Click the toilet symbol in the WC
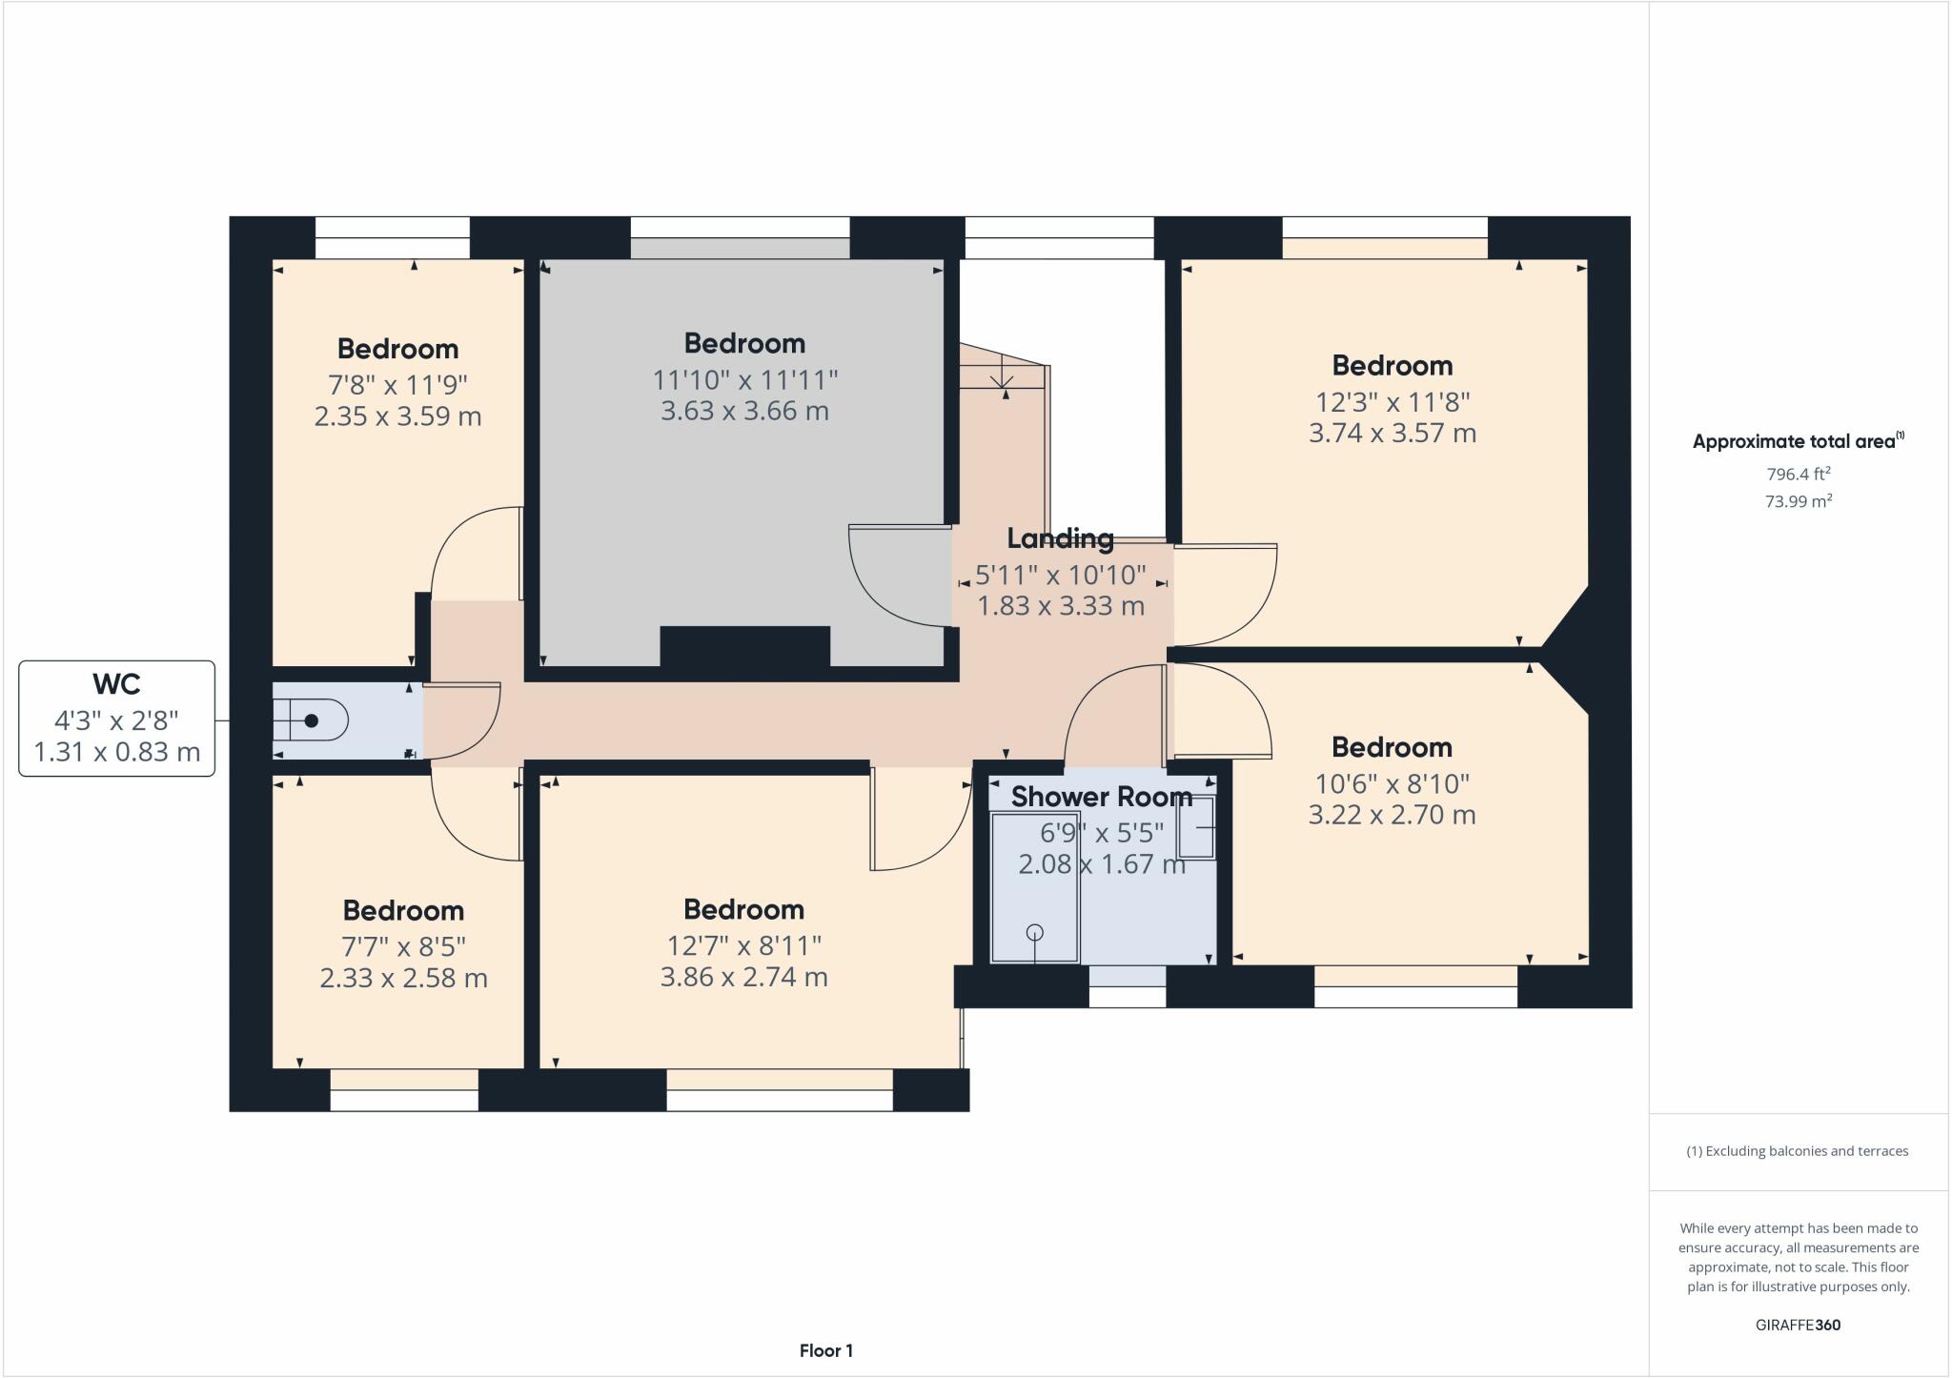(311, 720)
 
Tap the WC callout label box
(116, 719)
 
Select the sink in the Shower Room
(1197, 827)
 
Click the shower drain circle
(1035, 932)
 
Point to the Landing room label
(1060, 539)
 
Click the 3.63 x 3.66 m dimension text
(744, 412)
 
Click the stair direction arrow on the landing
(1002, 379)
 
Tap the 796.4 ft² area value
(1798, 474)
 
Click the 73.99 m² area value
(1798, 501)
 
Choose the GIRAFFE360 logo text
(1798, 1325)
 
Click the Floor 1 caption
(825, 1350)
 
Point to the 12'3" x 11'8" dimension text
(1392, 402)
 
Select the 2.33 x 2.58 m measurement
(403, 979)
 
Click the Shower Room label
(1101, 797)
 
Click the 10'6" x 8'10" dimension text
(1392, 784)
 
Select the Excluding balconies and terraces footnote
(1798, 1151)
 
